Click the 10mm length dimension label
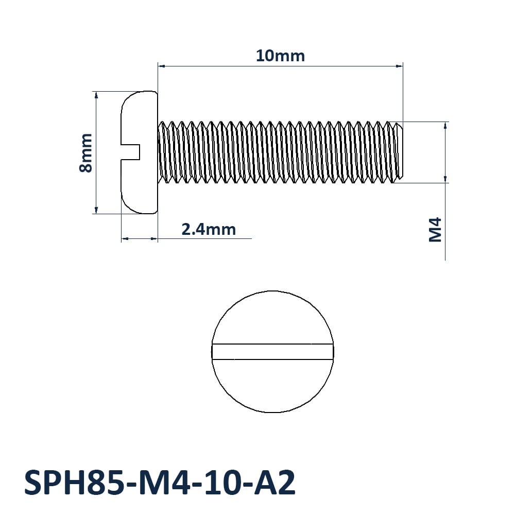[280, 56]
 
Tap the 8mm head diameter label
[86, 152]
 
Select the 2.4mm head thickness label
[209, 229]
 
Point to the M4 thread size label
[436, 230]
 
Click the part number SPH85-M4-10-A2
[160, 483]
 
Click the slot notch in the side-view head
[131, 152]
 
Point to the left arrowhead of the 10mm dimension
[161, 66]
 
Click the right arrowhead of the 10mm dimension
[399, 66]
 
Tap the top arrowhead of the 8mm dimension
[96, 95]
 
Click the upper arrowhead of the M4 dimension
[445, 125]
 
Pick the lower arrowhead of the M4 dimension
[445, 179]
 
